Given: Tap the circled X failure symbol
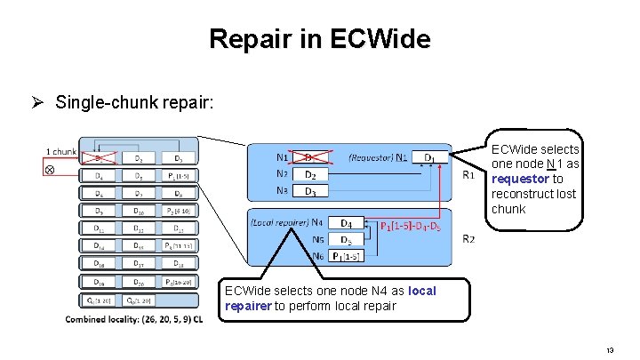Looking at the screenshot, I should click(50, 169).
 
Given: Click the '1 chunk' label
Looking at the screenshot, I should click(60, 150).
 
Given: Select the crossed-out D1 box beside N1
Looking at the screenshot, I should click(311, 158).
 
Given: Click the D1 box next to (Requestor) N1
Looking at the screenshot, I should click(430, 158).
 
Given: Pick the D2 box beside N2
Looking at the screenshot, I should click(311, 175).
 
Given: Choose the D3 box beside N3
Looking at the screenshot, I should click(311, 191).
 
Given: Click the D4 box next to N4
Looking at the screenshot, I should click(348, 222).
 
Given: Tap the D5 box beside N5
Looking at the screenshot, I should click(348, 239).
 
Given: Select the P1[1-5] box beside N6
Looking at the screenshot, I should click(348, 256).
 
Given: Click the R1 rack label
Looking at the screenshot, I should click(468, 176).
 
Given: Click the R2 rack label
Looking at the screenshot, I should click(468, 239).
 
